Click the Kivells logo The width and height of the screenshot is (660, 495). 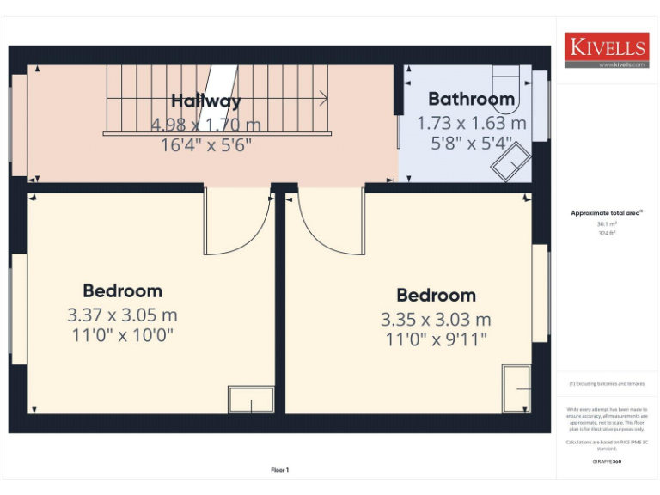606,51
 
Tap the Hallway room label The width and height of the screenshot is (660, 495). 205,101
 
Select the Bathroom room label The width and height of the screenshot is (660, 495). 471,99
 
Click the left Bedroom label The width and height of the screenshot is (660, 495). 122,290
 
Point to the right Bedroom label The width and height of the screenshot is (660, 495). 436,296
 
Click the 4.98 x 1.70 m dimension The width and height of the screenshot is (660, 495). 205,125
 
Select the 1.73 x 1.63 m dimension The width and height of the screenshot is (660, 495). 471,123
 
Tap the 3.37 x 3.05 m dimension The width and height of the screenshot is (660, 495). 122,315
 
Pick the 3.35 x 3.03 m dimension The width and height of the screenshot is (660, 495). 436,320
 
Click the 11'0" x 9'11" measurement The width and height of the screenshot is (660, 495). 436,339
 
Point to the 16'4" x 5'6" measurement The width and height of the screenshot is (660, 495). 205,145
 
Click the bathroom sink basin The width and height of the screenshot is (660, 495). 510,162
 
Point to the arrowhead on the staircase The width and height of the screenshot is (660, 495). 324,97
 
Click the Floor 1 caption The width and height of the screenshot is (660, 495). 280,470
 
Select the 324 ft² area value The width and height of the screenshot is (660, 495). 607,233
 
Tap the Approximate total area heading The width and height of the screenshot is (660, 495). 607,212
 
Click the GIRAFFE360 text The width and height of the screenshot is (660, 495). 607,461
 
